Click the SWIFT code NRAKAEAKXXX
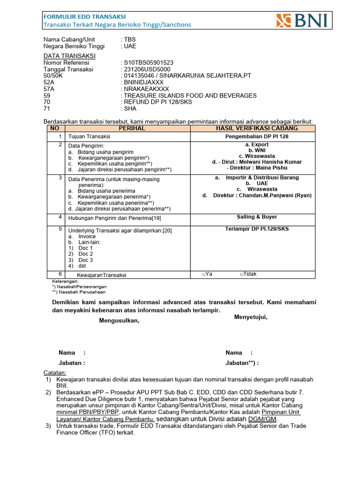click(146, 89)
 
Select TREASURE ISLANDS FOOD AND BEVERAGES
click(190, 95)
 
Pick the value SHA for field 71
click(129, 108)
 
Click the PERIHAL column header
click(132, 128)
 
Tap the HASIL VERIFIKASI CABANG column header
click(256, 128)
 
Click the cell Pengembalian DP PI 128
click(256, 136)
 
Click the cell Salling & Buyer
click(256, 217)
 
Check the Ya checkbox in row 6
click(204, 275)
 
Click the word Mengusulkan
click(119, 321)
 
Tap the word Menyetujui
click(251, 317)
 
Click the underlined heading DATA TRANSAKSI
click(69, 56)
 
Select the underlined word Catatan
click(55, 372)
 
